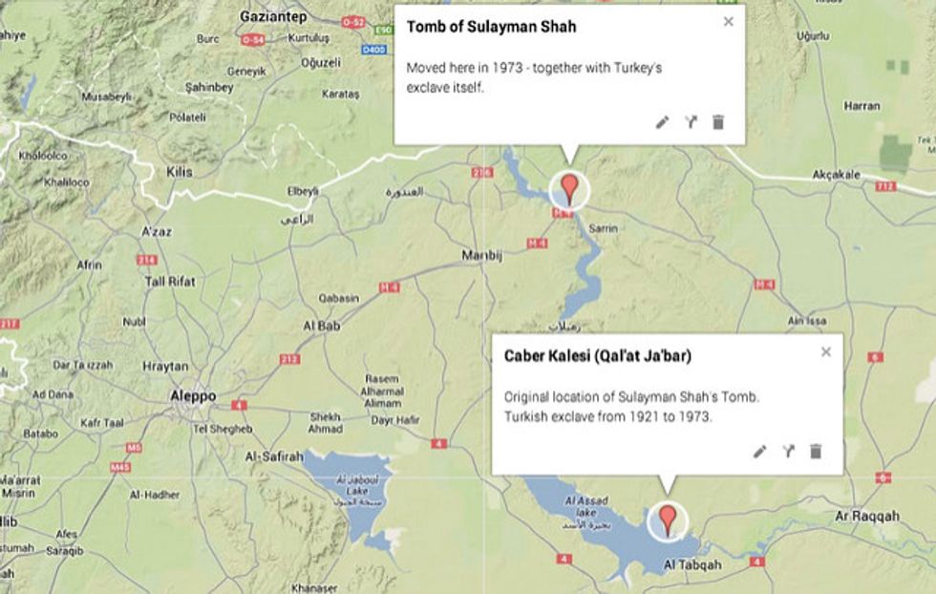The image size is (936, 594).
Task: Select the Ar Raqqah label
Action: tap(867, 516)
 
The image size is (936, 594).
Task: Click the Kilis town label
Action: tap(179, 172)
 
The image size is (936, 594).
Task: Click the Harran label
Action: tap(862, 106)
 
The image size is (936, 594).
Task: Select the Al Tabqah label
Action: tap(692, 564)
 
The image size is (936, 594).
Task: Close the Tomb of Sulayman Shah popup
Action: tap(729, 21)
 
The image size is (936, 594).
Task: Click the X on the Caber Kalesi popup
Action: tap(826, 351)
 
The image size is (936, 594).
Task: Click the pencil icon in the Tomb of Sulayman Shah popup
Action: tap(662, 122)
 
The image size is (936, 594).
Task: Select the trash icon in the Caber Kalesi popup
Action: tap(816, 451)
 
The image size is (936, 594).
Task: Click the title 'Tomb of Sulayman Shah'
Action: tap(491, 27)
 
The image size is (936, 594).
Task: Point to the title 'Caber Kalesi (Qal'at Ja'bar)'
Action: tap(598, 356)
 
